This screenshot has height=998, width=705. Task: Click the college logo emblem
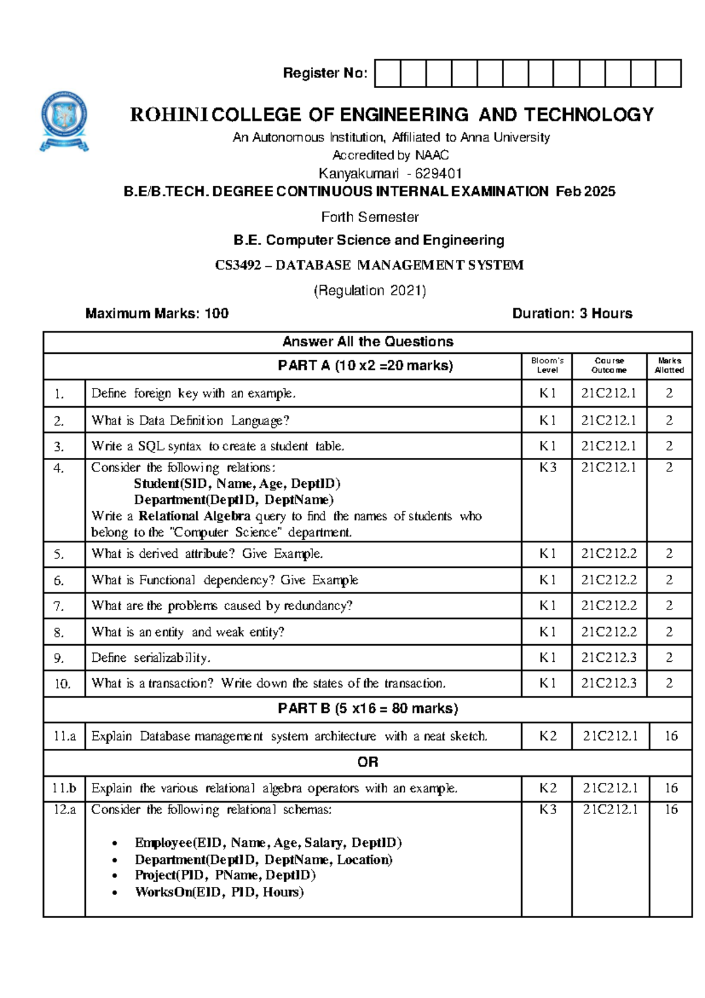tap(64, 121)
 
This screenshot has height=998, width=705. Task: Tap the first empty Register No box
tap(388, 73)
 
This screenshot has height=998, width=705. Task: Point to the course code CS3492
tap(238, 265)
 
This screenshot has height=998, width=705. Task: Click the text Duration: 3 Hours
tap(572, 313)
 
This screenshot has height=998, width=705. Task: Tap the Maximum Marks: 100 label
tap(157, 313)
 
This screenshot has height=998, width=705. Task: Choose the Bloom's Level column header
tap(547, 366)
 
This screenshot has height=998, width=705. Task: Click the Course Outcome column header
tap(609, 366)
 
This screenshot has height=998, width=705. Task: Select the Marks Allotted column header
tap(669, 366)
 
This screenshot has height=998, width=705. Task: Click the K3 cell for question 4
tap(548, 468)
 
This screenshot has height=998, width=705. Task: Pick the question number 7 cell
tap(59, 606)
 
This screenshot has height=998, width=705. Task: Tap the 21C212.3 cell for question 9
tap(609, 658)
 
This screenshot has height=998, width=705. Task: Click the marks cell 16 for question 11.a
tap(671, 736)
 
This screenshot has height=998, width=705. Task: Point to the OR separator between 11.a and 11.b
tap(368, 762)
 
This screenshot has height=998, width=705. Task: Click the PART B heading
tap(368, 709)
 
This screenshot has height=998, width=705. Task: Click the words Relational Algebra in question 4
tap(194, 516)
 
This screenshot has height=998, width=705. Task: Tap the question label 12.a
tap(65, 810)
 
